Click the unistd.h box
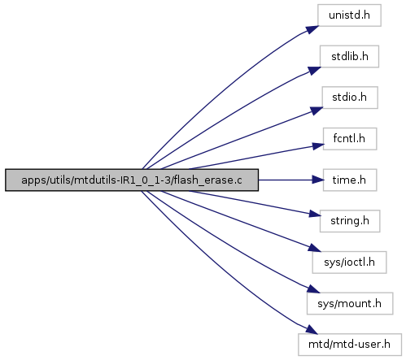point(349,15)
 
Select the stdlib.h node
point(349,56)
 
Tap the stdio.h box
point(350,98)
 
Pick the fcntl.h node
point(350,139)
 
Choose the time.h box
point(350,180)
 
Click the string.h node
point(350,221)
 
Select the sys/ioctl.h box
point(349,262)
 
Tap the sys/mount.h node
point(350,303)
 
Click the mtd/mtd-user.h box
point(350,345)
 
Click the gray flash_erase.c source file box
point(132,180)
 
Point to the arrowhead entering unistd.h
point(312,29)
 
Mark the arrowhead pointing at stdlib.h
point(315,71)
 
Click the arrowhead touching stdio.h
point(317,111)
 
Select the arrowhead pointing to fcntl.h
point(318,146)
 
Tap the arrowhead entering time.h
point(318,180)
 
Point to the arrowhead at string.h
point(315,214)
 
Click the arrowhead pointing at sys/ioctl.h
point(315,248)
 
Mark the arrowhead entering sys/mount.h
point(313,288)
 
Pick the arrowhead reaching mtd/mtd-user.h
point(311,330)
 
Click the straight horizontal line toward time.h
point(286,180)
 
